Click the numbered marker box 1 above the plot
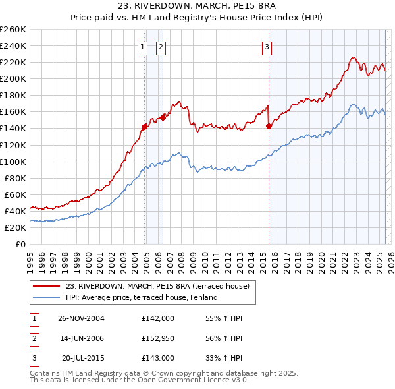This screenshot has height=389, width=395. coord(142,46)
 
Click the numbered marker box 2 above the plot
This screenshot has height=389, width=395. coord(161,46)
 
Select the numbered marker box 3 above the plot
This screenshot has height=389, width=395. coord(267,46)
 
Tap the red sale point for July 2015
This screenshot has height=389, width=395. coord(269,126)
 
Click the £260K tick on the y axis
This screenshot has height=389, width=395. coord(14,30)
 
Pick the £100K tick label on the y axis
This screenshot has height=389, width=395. coord(14,162)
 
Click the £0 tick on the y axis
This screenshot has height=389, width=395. coord(21,244)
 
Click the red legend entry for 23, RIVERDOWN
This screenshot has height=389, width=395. coord(157,286)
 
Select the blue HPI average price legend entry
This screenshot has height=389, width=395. coord(141,297)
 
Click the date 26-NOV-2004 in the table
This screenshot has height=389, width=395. coord(81,318)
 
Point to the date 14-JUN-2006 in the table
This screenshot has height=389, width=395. coord(81,338)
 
